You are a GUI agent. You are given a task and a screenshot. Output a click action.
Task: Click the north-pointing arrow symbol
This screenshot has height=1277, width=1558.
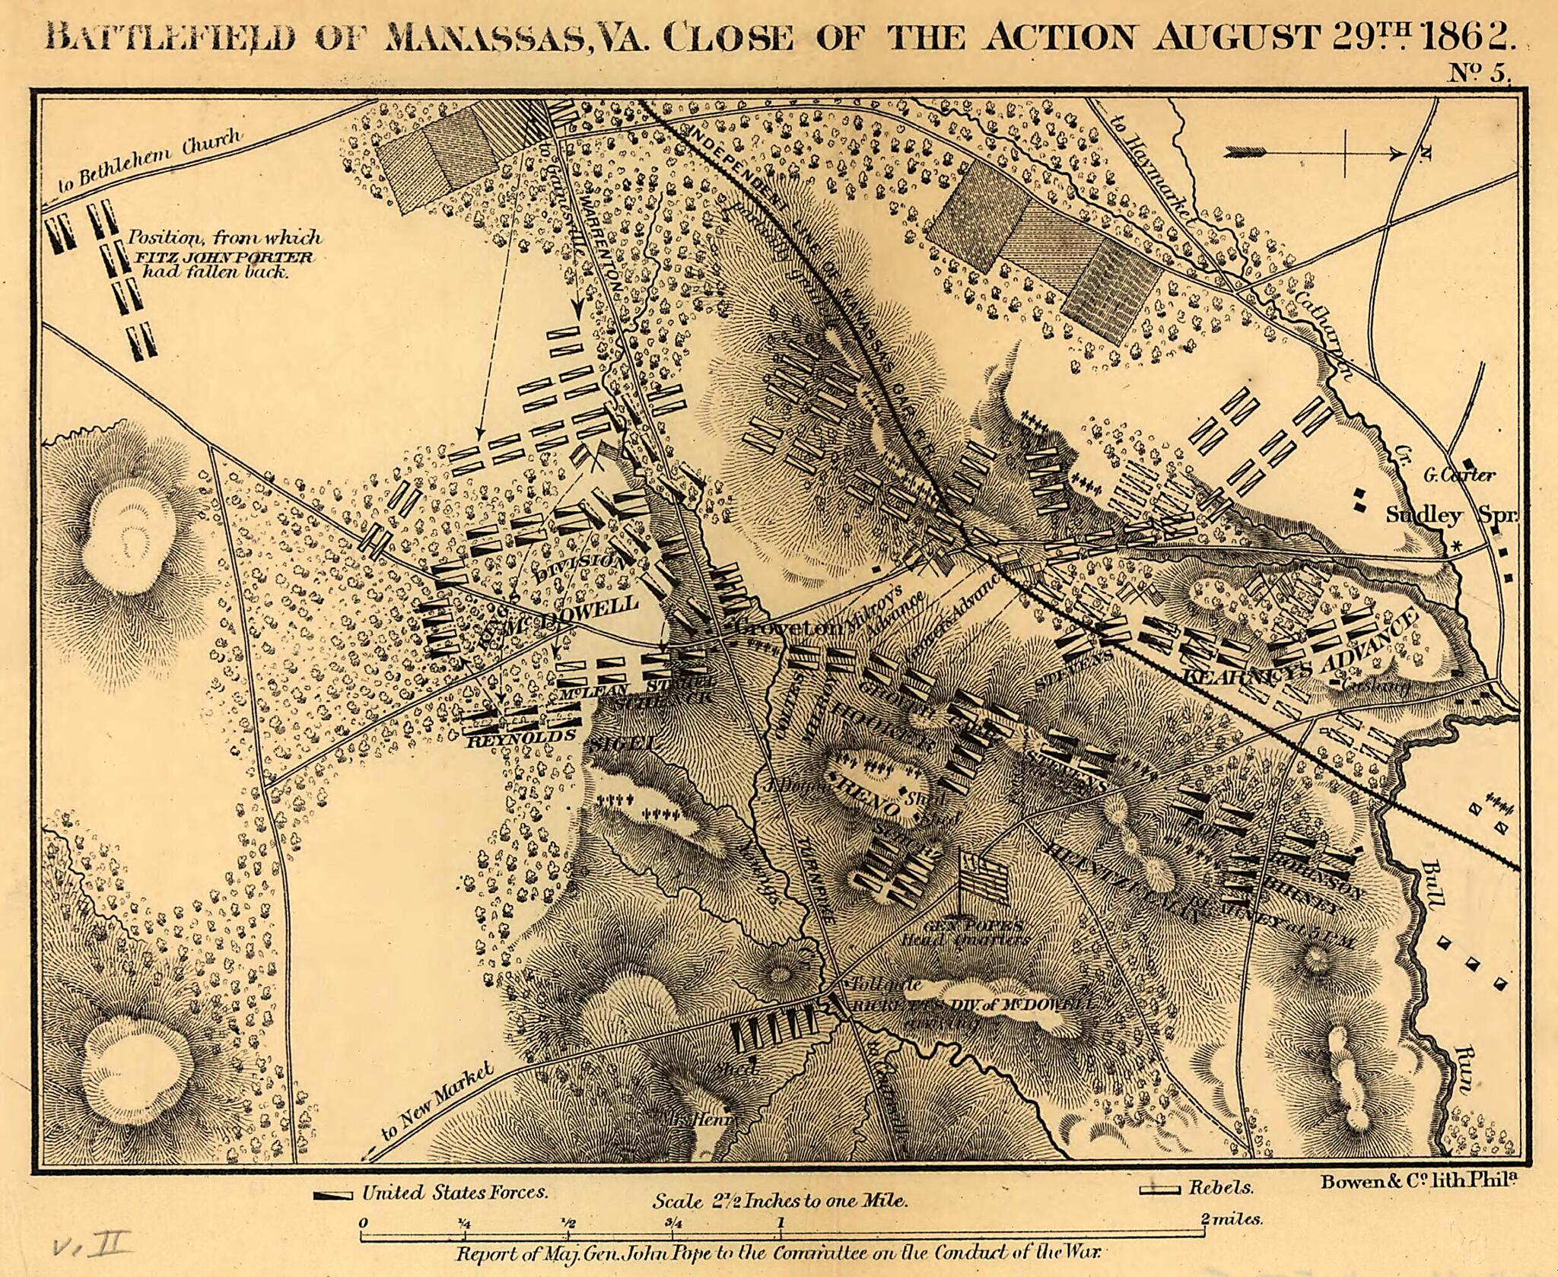[x=1315, y=154]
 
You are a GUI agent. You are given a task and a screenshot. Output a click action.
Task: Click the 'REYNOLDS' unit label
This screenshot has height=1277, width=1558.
[x=520, y=737]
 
